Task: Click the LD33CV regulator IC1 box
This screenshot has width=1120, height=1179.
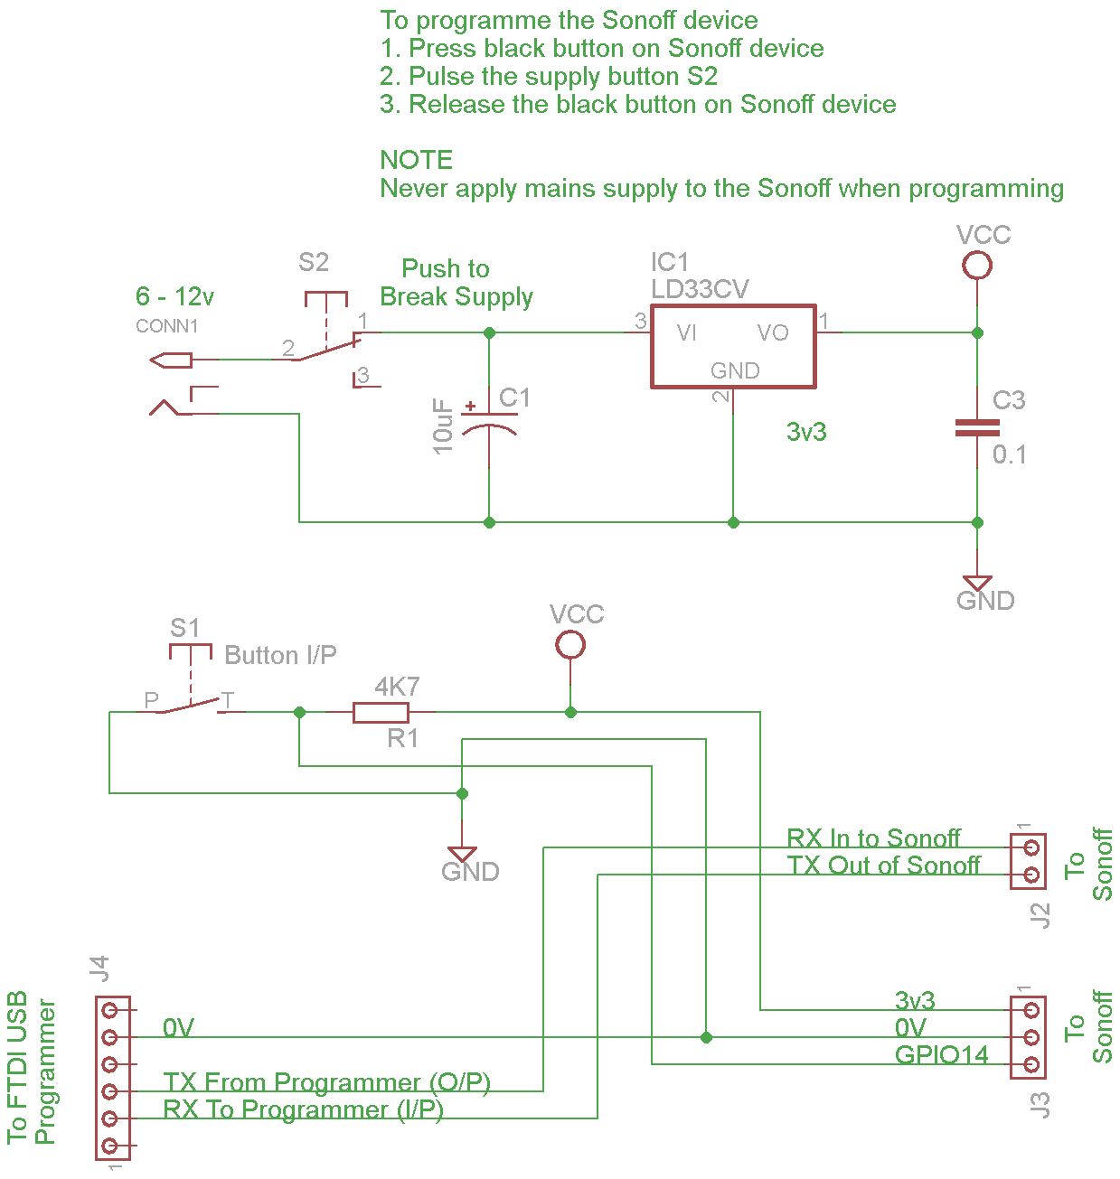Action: [x=733, y=346]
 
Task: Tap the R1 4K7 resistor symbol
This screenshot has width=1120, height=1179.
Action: [x=381, y=712]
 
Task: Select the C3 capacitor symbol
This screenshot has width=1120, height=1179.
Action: [x=977, y=427]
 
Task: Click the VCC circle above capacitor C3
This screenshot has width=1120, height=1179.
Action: [x=977, y=266]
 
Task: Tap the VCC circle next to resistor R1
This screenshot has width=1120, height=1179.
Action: [x=570, y=645]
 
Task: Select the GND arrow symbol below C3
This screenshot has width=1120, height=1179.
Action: [x=977, y=583]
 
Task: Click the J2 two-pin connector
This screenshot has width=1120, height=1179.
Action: [x=1029, y=861]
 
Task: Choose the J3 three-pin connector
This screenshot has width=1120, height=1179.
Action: [x=1029, y=1037]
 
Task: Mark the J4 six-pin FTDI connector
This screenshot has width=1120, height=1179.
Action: [x=112, y=1078]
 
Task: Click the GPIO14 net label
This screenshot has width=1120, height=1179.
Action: [x=941, y=1054]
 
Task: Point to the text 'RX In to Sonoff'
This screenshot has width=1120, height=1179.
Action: [x=873, y=838]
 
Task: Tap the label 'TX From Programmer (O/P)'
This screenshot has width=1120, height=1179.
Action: [x=326, y=1081]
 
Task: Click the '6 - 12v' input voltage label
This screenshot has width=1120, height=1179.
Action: [x=174, y=296]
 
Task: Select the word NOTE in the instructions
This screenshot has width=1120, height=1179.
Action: [x=416, y=160]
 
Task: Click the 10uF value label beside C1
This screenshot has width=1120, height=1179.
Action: [x=443, y=426]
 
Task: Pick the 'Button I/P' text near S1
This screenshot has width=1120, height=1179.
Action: [x=280, y=655]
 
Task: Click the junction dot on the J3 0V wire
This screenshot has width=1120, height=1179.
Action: [x=706, y=1037]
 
